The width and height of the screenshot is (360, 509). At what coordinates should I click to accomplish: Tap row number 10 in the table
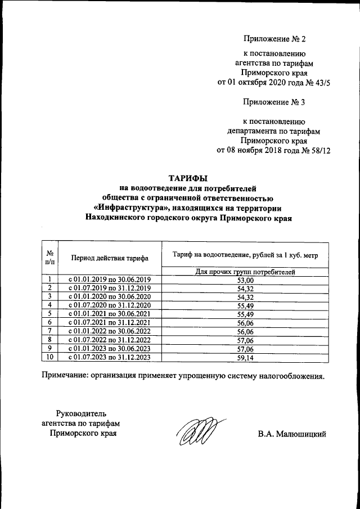(50, 357)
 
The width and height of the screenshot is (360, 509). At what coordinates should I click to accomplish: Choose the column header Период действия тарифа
(110, 258)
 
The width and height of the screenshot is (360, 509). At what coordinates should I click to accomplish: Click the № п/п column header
(50, 258)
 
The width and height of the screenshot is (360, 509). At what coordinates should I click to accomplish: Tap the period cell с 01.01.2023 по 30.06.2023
(110, 348)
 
